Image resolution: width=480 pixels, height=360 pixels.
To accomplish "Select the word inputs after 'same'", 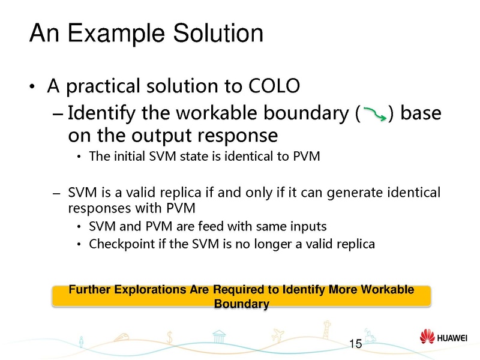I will coord(308,227).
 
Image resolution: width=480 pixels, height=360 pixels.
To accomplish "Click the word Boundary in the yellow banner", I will coord(241,304).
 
